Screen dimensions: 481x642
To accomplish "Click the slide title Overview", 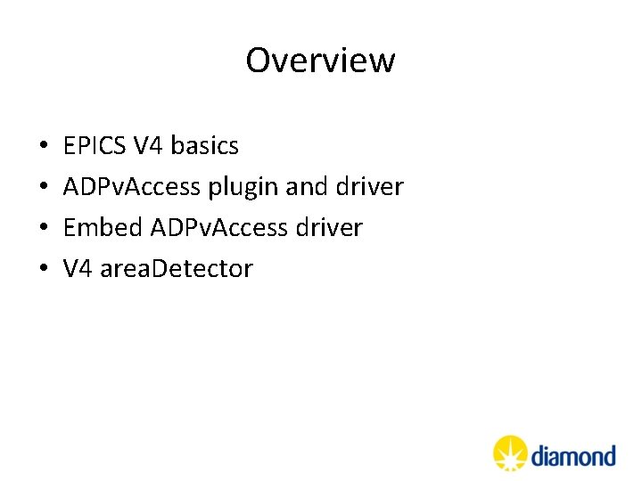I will point(320,61).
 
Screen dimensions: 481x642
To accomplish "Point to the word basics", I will point(204,145).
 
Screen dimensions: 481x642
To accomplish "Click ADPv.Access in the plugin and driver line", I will point(133,187).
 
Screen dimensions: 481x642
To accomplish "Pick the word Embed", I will point(103,228).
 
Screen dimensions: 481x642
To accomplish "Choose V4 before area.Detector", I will point(78,269).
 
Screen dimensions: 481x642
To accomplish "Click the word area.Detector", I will point(176,269).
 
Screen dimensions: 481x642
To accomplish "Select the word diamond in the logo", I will point(573,456).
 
